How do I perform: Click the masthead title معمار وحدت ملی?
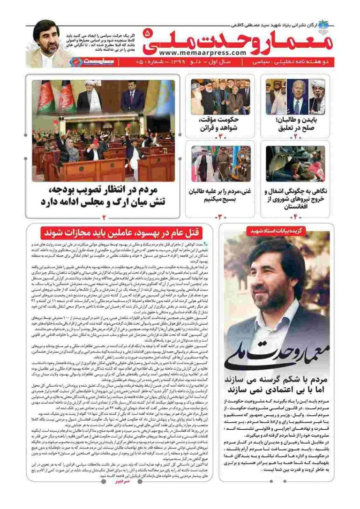[x=243, y=39]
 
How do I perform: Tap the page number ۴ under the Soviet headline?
[x=295, y=217]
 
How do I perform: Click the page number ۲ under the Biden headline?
[x=295, y=137]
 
